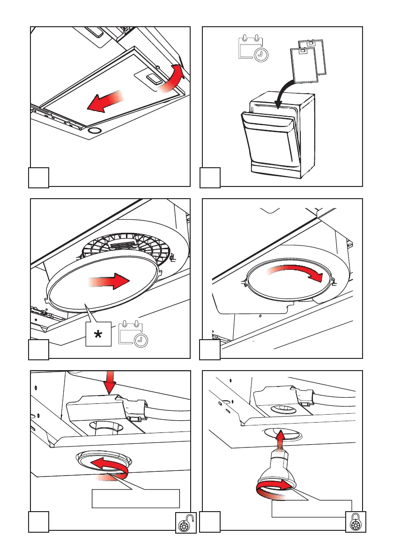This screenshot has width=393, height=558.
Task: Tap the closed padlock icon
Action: (355, 522)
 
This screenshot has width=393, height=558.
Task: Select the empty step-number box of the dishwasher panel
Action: (210, 179)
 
